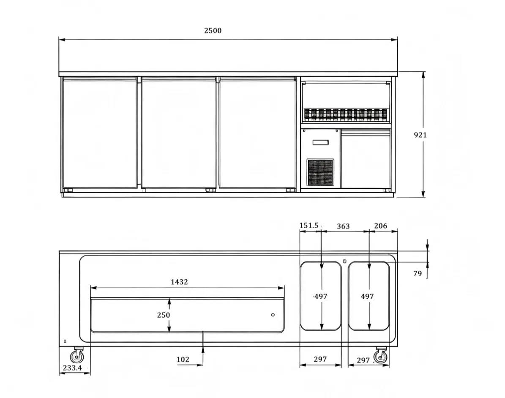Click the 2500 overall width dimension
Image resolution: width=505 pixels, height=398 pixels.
(213, 30)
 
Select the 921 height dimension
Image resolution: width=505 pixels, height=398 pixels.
(420, 135)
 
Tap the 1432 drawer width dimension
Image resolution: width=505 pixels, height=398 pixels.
(179, 282)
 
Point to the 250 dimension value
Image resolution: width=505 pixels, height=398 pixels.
(163, 315)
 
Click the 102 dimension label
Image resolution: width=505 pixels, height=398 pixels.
(183, 360)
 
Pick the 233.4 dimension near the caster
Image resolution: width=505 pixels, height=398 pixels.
(72, 368)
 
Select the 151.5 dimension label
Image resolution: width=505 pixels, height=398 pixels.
(309, 225)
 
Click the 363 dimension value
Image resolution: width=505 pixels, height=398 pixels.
(343, 226)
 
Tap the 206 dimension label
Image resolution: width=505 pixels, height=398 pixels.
(380, 226)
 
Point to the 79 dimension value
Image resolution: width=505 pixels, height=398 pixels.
(418, 273)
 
